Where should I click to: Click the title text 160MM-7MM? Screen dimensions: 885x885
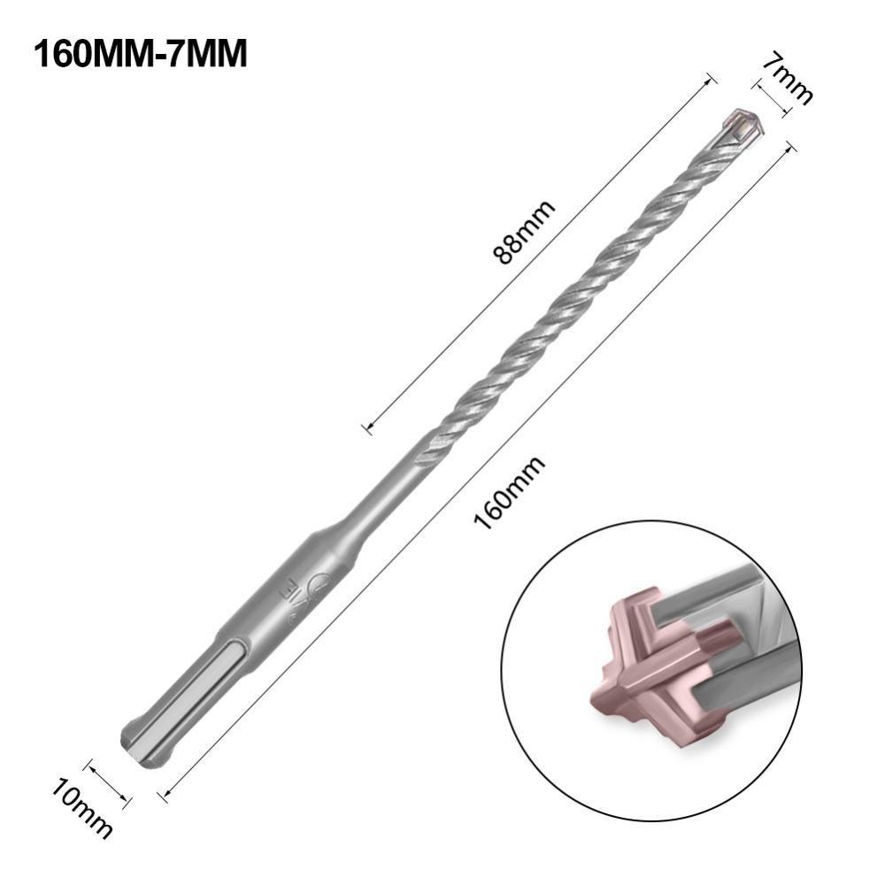[x=140, y=54]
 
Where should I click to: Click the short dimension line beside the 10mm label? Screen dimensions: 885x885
[x=110, y=783]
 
